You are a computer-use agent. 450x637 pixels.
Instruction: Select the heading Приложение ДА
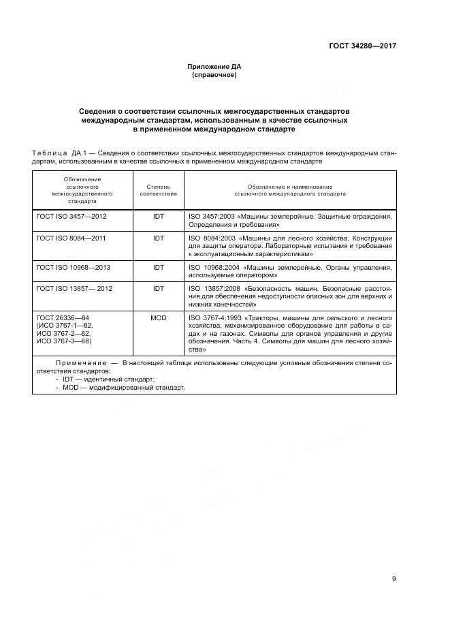[x=214, y=67]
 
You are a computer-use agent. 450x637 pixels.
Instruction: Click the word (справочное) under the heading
[x=214, y=75]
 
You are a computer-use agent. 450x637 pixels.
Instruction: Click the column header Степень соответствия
[x=158, y=189]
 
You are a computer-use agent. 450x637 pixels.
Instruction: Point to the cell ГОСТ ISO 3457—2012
[x=71, y=216]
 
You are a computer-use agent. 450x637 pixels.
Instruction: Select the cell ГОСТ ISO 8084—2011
[x=71, y=238]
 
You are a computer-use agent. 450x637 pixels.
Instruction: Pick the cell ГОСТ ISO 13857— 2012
[x=74, y=289]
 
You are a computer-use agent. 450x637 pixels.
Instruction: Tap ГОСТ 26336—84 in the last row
[x=61, y=317]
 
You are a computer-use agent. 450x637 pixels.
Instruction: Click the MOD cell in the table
[x=158, y=317]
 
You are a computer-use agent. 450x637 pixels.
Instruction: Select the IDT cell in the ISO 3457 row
[x=158, y=216]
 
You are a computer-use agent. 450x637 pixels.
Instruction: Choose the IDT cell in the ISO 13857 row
[x=158, y=289]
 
